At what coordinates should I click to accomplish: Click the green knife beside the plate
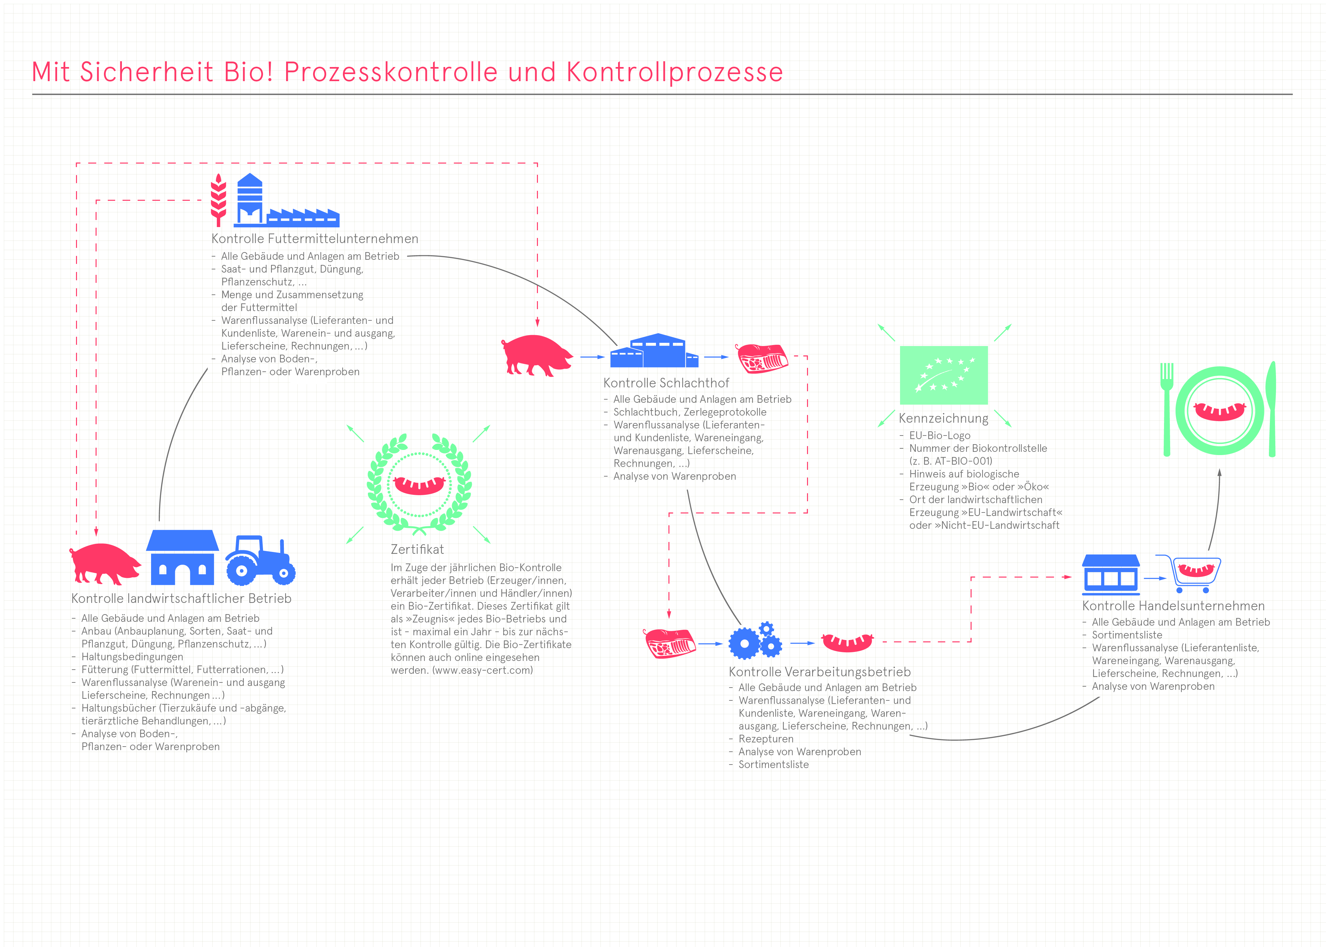1271,409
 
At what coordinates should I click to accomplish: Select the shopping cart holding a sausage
1190,573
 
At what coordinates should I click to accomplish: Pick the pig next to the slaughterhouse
537,355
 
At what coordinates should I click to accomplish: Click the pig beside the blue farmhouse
105,563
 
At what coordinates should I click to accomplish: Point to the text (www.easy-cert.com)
482,670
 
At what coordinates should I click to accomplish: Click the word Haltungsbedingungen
132,656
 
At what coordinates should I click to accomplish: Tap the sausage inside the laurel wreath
419,485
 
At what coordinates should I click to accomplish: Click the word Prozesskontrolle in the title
391,72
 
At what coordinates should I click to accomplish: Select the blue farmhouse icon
183,557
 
